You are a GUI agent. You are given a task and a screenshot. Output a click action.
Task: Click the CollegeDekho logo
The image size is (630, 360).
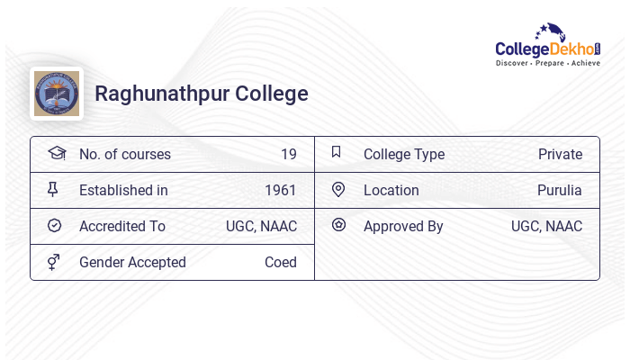(548, 45)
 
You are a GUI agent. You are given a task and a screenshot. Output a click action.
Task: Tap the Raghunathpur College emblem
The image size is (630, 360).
(57, 94)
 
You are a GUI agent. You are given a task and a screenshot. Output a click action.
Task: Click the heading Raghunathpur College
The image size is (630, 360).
(202, 94)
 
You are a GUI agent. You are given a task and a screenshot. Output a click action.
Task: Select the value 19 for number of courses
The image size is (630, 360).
(288, 154)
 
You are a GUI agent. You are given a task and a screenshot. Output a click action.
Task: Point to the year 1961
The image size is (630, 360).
(280, 190)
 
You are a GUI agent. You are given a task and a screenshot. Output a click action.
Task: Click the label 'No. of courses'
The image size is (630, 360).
(125, 154)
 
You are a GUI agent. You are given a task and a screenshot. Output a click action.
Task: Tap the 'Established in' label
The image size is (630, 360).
(123, 190)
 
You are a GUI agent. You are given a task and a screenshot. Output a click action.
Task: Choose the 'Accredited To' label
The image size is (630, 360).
(122, 226)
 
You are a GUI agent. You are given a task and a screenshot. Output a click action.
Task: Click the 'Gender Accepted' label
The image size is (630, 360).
(132, 262)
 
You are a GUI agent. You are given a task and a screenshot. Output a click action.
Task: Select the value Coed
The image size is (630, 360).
(280, 262)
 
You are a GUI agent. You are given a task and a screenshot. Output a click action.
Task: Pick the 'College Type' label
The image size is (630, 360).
(404, 154)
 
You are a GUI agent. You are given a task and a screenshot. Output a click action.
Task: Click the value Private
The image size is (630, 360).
(560, 154)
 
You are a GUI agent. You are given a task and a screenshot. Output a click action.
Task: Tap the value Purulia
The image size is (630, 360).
(560, 190)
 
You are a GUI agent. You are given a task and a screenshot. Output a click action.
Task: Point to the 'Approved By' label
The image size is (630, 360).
(403, 226)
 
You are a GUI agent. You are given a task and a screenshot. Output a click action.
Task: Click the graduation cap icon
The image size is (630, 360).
(56, 153)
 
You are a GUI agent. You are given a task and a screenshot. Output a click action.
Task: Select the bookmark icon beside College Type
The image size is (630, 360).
(337, 152)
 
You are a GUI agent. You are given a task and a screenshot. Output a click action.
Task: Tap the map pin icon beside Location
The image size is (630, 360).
(338, 189)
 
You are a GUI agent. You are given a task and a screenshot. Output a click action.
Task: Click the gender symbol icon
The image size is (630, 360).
(54, 262)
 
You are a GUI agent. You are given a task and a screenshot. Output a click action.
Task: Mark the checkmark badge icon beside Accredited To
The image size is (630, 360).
(54, 225)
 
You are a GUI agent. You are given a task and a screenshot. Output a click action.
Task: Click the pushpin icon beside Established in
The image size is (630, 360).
(53, 190)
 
